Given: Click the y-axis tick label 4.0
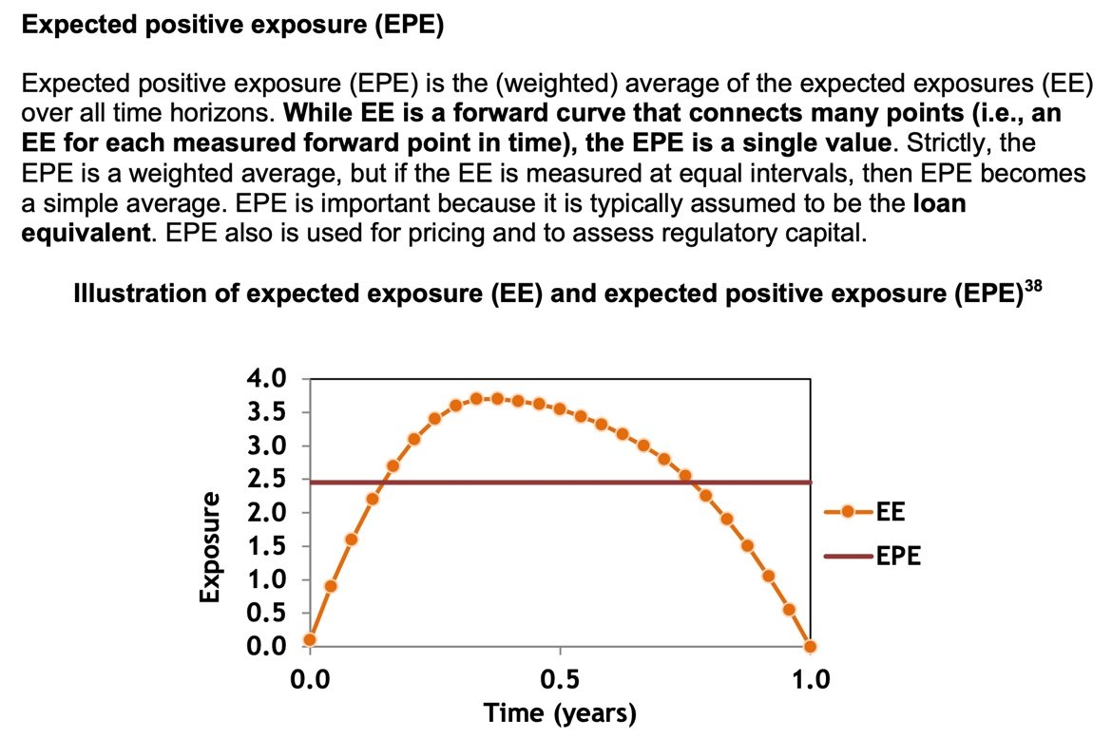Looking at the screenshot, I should click(265, 379).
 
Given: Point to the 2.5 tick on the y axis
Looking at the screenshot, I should click(265, 480).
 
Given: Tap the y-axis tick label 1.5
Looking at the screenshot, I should click(265, 546).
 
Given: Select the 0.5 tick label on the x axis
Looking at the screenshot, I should click(560, 680).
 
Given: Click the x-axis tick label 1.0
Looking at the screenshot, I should click(810, 680).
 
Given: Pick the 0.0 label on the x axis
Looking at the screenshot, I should click(310, 680).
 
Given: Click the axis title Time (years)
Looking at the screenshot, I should click(559, 712).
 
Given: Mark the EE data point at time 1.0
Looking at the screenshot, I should click(810, 647).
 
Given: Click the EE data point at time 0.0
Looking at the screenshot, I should click(310, 639).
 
